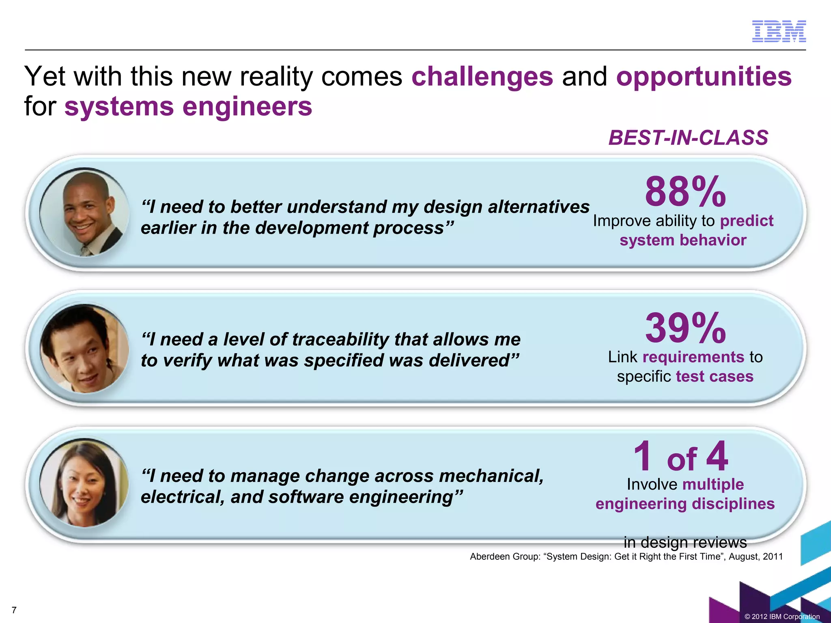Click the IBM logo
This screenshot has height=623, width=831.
pyautogui.click(x=779, y=31)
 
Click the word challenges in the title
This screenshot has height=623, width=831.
pyautogui.click(x=482, y=76)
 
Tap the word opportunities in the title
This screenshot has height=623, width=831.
pyautogui.click(x=704, y=76)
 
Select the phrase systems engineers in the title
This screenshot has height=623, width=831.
pyautogui.click(x=188, y=107)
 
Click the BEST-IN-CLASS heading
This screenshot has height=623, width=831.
pyautogui.click(x=688, y=138)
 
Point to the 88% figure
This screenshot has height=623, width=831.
pyautogui.click(x=685, y=191)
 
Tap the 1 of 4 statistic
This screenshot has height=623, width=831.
pyautogui.click(x=681, y=457)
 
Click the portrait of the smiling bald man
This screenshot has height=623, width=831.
pyautogui.click(x=84, y=213)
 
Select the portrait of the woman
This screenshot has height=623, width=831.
pyautogui.click(x=84, y=483)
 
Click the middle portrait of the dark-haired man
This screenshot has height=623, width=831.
pyautogui.click(x=84, y=348)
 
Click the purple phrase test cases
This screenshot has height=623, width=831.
pyautogui.click(x=715, y=376)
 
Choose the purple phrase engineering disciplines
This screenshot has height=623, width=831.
pyautogui.click(x=685, y=504)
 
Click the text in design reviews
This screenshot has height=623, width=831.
pyautogui.click(x=685, y=542)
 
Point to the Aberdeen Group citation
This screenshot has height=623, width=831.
pyautogui.click(x=626, y=556)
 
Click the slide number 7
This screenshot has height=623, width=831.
pyautogui.click(x=14, y=610)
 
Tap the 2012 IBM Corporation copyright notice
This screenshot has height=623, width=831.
pyautogui.click(x=782, y=617)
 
